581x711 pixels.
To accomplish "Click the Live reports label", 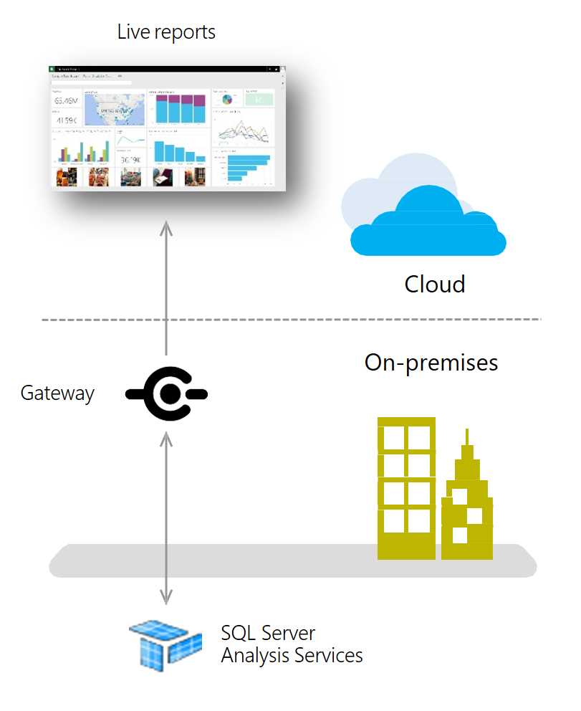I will (x=166, y=32).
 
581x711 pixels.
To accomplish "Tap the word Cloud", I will (x=435, y=284).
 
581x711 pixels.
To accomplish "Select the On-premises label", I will (x=431, y=363).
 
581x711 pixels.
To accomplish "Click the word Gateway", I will (x=57, y=393).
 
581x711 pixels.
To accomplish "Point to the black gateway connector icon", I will (x=167, y=393).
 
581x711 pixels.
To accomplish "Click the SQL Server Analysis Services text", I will (x=292, y=644).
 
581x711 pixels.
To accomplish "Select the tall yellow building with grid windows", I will (x=406, y=487).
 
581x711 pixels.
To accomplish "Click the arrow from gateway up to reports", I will (x=166, y=287).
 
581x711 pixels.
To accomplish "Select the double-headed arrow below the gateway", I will (x=166, y=516).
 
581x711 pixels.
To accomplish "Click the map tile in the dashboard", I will (x=114, y=109).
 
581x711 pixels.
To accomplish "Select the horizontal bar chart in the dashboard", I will (x=244, y=166).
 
